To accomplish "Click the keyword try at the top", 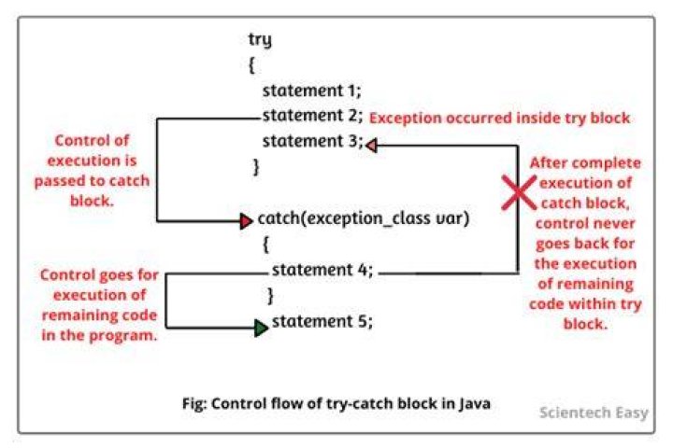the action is pos(260,40).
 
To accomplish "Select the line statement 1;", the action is pos(312,91).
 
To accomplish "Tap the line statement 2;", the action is pos(313,116).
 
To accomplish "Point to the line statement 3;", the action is pos(313,141).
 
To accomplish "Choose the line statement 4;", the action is pos(322,270).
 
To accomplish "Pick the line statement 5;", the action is pos(322,321).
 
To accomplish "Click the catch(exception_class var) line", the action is pos(364,218).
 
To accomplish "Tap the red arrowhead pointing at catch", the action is pos(247,221).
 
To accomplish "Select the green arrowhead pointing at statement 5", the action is pos(261,328).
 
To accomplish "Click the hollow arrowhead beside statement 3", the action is pos(372,146).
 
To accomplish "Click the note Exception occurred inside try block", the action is pos(499,118).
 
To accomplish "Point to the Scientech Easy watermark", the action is pos(594,413).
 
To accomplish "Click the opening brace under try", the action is pos(251,65).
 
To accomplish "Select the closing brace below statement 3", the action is pos(256,167).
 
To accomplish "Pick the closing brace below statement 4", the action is pos(270,295).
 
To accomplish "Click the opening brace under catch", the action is pos(265,245).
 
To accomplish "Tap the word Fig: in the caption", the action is pos(194,404).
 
